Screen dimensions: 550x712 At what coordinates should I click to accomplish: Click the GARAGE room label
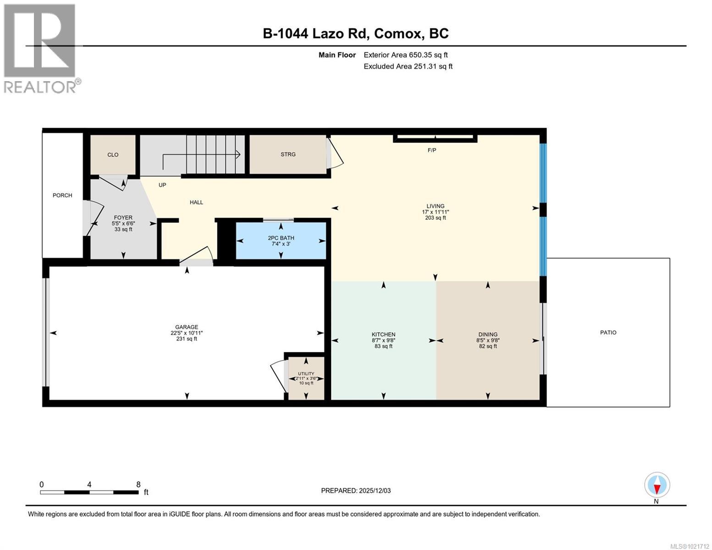tap(186, 327)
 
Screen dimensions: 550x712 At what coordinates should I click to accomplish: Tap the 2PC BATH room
tap(281, 238)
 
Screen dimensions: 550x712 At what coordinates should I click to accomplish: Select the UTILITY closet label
tap(306, 374)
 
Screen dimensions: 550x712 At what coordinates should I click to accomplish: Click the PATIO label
tap(608, 332)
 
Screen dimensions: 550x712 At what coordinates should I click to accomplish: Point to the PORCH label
tap(62, 195)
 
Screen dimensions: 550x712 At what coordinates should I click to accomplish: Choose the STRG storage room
tap(288, 154)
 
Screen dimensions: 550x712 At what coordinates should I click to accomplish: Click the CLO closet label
tap(113, 155)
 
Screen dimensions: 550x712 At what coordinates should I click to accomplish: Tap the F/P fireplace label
tap(431, 150)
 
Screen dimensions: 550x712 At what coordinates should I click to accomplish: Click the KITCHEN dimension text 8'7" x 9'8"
tap(383, 341)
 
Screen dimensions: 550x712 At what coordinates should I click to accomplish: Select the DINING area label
tap(488, 335)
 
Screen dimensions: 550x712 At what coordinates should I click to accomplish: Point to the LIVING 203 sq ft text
tap(435, 218)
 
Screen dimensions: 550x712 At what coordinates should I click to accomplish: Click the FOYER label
tap(123, 218)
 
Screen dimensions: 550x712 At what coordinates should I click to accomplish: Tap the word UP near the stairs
tap(162, 185)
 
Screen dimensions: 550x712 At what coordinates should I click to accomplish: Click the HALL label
tap(196, 202)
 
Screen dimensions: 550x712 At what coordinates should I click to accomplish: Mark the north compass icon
tap(657, 485)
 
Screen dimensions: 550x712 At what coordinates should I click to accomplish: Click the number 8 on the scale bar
tap(138, 484)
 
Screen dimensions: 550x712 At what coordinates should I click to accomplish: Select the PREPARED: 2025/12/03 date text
tap(356, 490)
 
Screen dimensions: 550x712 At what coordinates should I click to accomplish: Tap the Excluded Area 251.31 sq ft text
tap(408, 66)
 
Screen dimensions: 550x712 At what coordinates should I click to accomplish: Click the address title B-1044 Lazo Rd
tap(316, 33)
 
